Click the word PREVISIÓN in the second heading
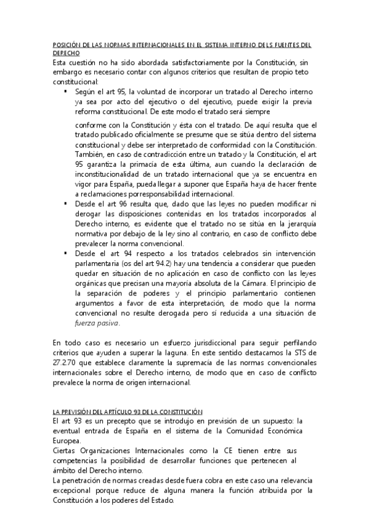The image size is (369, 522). (x=78, y=411)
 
